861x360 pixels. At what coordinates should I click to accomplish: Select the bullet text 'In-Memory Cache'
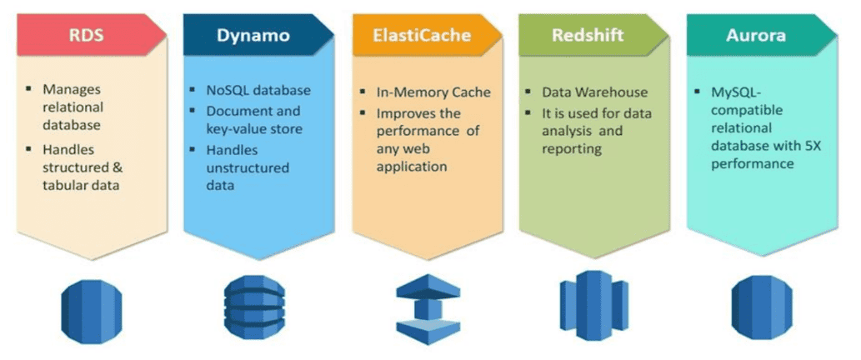click(435, 92)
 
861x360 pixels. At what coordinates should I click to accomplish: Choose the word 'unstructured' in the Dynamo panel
click(249, 167)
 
